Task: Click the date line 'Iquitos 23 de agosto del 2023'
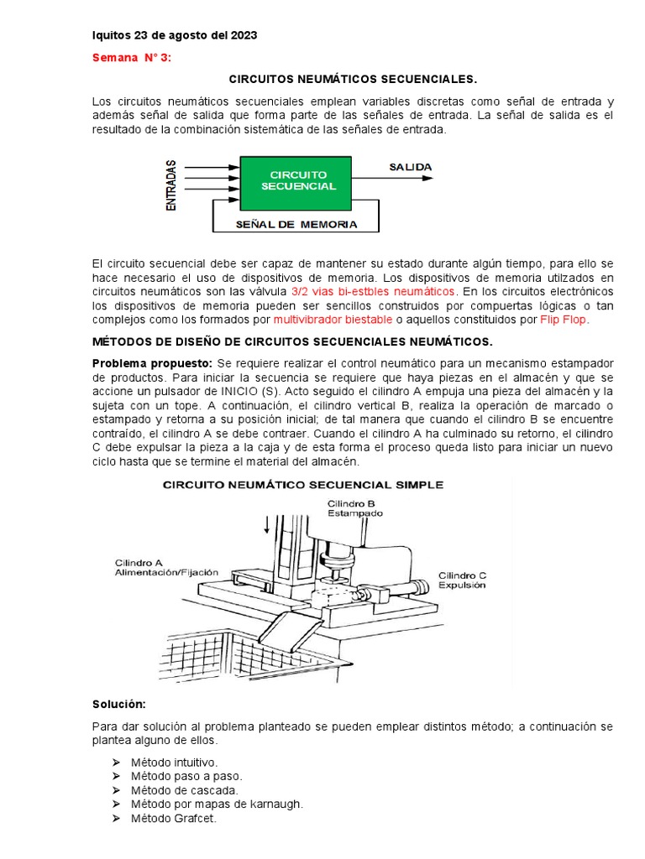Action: pyautogui.click(x=174, y=36)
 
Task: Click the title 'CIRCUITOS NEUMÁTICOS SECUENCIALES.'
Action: pyautogui.click(x=351, y=79)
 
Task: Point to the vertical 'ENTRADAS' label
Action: pyautogui.click(x=171, y=185)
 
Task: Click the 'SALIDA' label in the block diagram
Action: pyautogui.click(x=410, y=167)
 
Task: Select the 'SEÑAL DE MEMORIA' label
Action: pyautogui.click(x=296, y=224)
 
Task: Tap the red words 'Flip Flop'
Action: pyautogui.click(x=564, y=320)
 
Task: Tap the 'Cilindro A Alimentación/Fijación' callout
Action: pyautogui.click(x=166, y=566)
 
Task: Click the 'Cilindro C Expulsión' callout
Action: pyautogui.click(x=461, y=580)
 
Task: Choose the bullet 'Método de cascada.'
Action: pyautogui.click(x=184, y=790)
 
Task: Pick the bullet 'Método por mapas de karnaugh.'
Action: pyautogui.click(x=216, y=804)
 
